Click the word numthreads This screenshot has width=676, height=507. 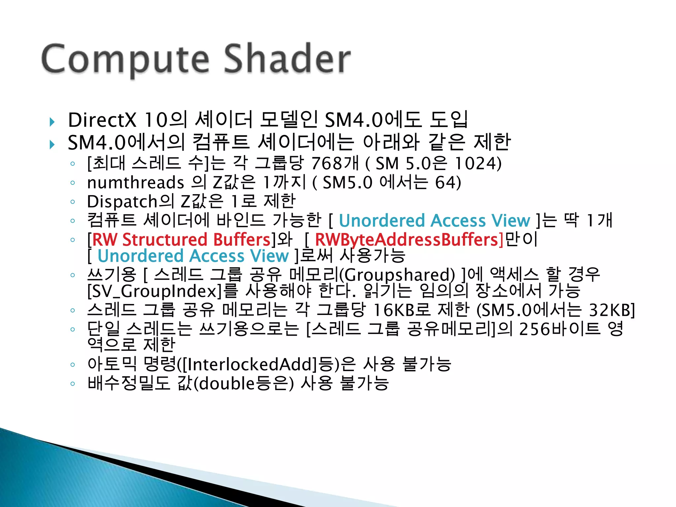(x=135, y=183)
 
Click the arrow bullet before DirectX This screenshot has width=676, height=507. (x=52, y=122)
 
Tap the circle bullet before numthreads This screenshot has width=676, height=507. (x=73, y=183)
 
